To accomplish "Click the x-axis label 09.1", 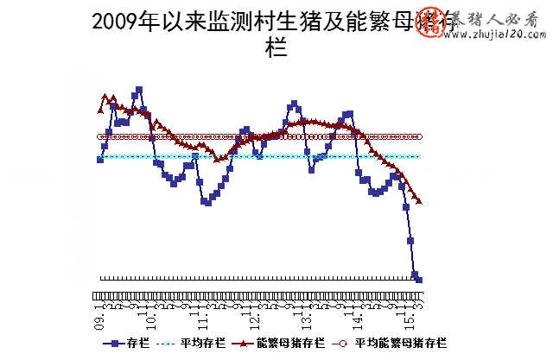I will coord(100,319).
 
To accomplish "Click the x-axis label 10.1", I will coord(151,319).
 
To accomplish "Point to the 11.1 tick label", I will coord(203,319).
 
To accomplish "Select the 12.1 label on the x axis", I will coord(255,319).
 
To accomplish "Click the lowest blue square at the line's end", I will coord(419,280).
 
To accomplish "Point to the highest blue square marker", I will coord(139,90).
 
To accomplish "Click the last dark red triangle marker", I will coord(419,201).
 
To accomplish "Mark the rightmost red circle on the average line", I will coord(419,136).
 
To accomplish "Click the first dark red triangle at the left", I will coord(100,110).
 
